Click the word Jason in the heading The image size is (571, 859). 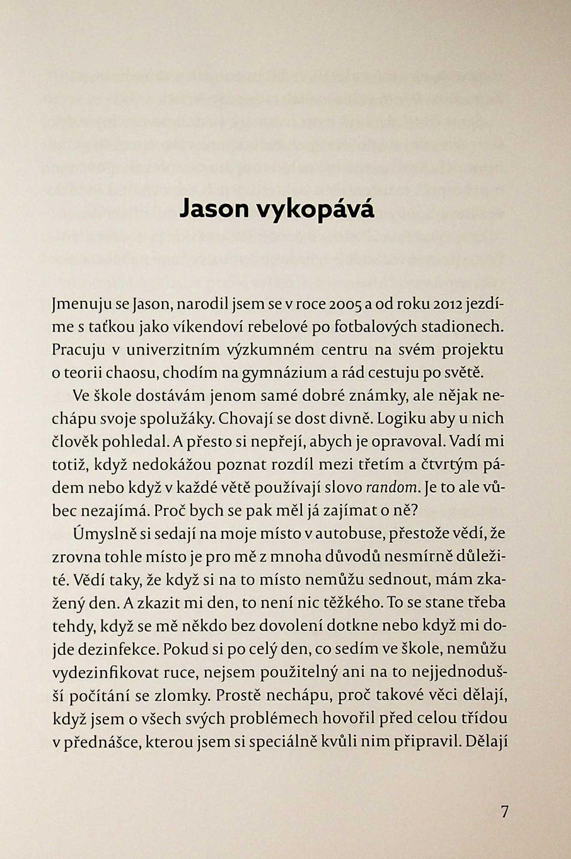pos(215,208)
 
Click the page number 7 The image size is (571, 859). pos(504,812)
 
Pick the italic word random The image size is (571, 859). pos(391,487)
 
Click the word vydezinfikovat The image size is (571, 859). pos(104,672)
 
